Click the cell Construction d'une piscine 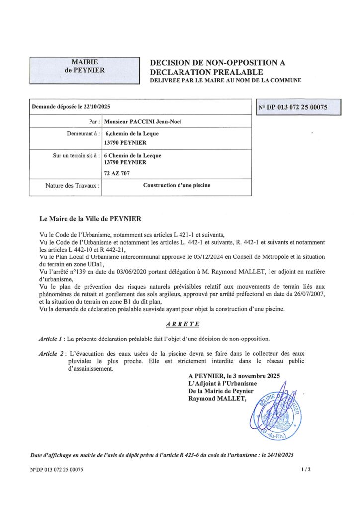pyautogui.click(x=177, y=186)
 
